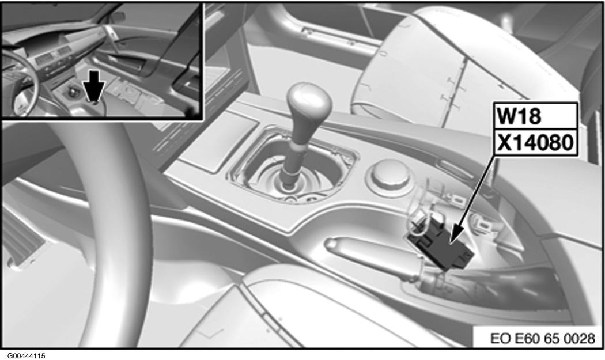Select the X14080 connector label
click(x=536, y=143)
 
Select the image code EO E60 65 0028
click(x=543, y=338)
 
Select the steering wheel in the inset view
click(x=23, y=83)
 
